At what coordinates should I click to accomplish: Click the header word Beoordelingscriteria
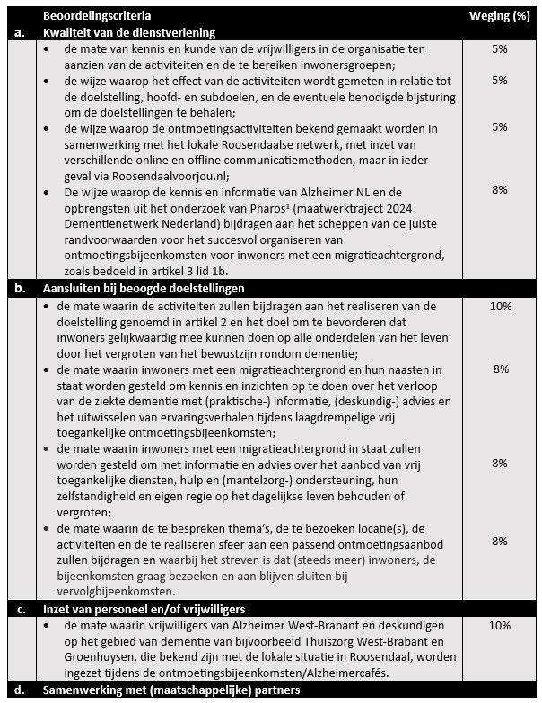pos(97,16)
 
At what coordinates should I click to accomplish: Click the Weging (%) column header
pos(500,16)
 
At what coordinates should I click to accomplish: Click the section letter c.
pos(19,609)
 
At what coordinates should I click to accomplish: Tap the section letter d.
pos(19,690)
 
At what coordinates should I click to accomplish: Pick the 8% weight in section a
pos(500,190)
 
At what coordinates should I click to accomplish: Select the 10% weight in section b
pos(500,306)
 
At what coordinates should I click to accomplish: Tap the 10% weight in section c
pos(500,625)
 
